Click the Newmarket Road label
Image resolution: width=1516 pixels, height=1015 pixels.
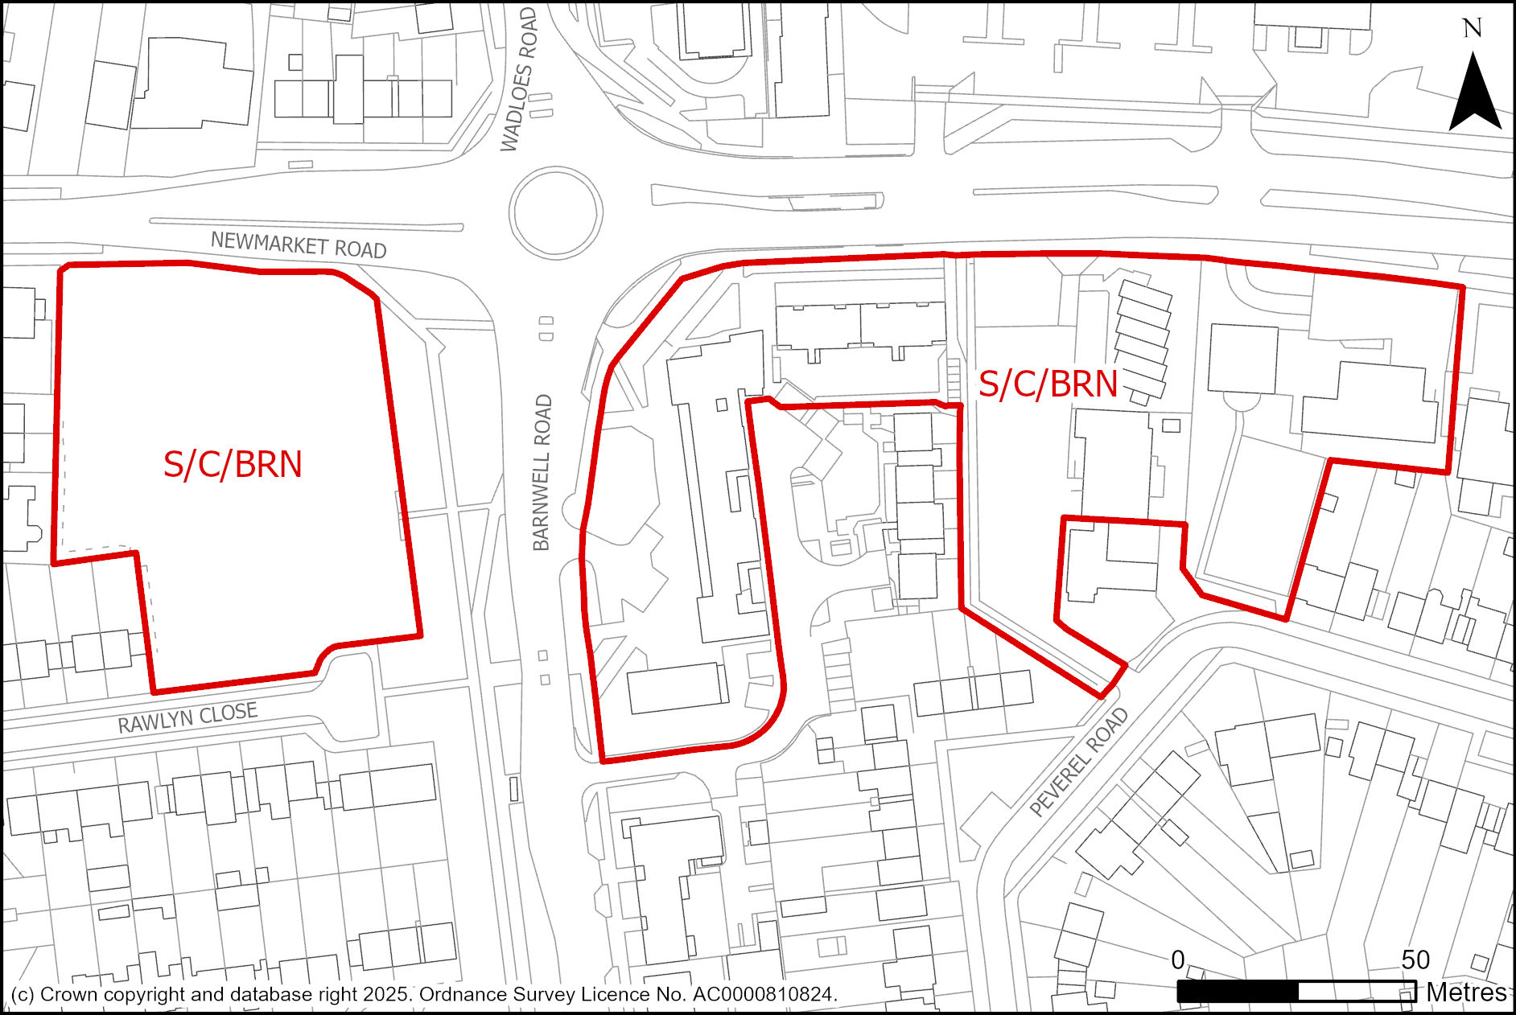(299, 245)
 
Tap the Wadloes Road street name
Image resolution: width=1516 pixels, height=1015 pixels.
(519, 80)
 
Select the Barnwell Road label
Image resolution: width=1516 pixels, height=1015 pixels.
(543, 473)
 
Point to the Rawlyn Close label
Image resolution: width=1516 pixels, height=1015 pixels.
(187, 717)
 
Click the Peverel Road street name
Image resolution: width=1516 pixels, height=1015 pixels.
(1079, 762)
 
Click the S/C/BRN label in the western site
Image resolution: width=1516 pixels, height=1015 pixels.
(233, 465)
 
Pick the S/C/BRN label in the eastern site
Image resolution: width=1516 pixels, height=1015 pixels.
(1048, 384)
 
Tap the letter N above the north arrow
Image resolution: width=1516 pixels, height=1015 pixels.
(1472, 29)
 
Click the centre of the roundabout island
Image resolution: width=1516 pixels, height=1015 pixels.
(555, 212)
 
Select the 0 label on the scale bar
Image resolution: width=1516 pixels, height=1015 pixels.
(1178, 960)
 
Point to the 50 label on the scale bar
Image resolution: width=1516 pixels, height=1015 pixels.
(1415, 960)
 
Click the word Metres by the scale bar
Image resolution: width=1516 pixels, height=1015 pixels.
(1466, 992)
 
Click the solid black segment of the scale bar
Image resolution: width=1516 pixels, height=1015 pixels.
(1238, 992)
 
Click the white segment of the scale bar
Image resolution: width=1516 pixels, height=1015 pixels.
(1357, 992)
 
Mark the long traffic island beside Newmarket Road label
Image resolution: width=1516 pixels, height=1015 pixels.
(306, 224)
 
